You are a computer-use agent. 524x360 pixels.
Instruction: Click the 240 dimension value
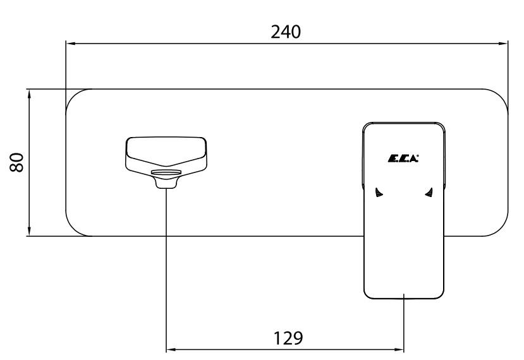coord(286,32)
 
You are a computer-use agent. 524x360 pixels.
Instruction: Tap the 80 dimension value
coord(16,162)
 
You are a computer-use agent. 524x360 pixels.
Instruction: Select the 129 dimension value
coord(288,338)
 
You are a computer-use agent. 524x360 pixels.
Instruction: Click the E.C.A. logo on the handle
coord(403,159)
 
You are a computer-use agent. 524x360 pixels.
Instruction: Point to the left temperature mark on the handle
coord(379,193)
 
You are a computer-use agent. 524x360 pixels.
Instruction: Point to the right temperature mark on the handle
coord(429,193)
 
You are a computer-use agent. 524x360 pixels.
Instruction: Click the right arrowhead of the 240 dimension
coord(503,44)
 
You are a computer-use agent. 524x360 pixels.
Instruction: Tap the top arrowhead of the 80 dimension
coord(30,95)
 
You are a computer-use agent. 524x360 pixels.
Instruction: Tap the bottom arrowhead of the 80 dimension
coord(30,231)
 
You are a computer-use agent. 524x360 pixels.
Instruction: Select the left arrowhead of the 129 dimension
coord(171,350)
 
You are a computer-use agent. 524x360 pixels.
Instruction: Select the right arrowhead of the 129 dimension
coord(399,350)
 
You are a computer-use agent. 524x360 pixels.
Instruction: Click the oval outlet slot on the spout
coord(166,172)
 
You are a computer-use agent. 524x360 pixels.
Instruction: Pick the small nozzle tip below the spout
coord(166,183)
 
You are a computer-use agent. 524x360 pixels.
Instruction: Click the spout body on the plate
coord(166,158)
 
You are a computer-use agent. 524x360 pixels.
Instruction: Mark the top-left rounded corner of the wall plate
coord(73,96)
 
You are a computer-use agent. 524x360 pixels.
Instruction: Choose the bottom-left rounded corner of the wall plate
coord(73,229)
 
